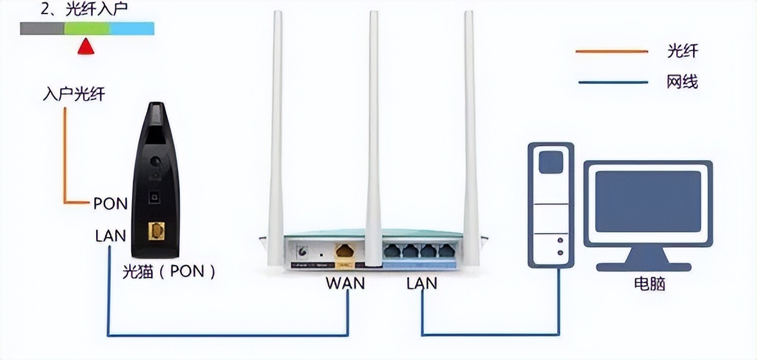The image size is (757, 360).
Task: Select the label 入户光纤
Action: [74, 95]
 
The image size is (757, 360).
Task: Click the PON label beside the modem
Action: [111, 204]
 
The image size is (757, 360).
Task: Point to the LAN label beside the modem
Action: [111, 236]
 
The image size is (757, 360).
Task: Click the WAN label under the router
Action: [345, 282]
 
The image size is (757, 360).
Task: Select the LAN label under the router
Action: [421, 282]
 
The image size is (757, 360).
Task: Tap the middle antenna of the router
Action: [373, 128]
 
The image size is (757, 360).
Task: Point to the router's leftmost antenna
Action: [277, 128]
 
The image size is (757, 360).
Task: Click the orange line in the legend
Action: [612, 51]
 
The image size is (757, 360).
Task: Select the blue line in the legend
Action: [612, 82]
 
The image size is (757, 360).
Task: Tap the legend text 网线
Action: [682, 82]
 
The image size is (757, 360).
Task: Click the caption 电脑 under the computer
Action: [649, 283]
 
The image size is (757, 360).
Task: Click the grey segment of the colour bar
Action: [42, 28]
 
